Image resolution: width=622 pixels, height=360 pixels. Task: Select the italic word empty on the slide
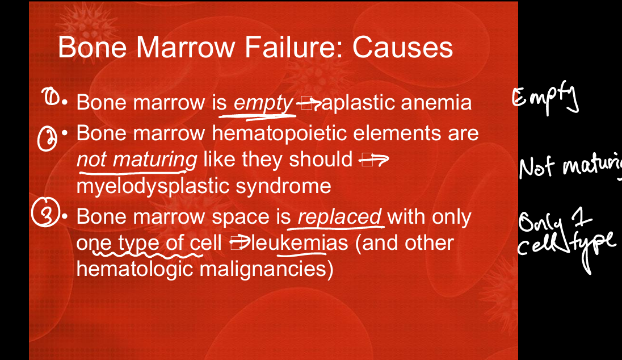263,103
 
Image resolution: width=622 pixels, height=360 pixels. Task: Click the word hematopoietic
280,133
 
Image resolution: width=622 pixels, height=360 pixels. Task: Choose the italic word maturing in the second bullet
155,160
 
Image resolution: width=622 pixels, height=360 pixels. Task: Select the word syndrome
283,186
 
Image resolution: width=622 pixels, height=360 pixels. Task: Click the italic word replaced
339,217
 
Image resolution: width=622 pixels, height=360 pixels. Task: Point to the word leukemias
300,243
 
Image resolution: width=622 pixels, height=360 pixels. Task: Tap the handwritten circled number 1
51,97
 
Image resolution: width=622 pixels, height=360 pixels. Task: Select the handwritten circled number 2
47,139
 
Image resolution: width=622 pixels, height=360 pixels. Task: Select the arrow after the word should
373,160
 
